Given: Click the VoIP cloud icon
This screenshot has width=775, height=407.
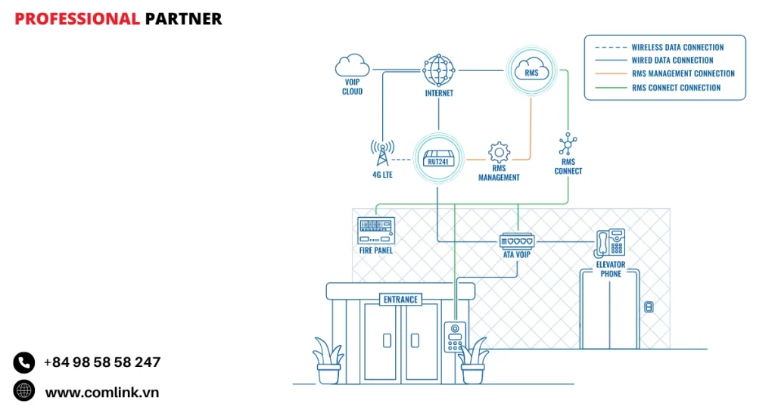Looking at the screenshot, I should [x=352, y=66].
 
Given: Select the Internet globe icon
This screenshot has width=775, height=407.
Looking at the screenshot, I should [x=439, y=70].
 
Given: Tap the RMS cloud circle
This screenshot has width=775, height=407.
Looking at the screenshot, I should [x=531, y=72].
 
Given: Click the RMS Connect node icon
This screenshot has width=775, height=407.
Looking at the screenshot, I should [x=568, y=144].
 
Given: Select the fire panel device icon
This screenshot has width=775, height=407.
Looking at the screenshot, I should [x=376, y=230].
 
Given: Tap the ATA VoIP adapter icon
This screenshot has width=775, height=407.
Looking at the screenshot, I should [x=517, y=241].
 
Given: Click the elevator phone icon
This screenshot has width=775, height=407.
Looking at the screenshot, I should [x=610, y=243].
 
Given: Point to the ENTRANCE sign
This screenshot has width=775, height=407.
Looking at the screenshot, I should [x=400, y=300].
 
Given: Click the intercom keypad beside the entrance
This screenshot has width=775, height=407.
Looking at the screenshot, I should [x=455, y=337].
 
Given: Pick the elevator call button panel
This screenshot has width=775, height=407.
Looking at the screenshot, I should [x=648, y=306].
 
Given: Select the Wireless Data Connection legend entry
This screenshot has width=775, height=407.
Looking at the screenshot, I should [x=677, y=48].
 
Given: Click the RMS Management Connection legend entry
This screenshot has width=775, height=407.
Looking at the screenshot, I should [x=683, y=74].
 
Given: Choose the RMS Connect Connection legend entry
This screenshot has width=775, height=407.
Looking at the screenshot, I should [x=676, y=88].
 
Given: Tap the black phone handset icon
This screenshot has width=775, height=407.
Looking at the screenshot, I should [x=24, y=363].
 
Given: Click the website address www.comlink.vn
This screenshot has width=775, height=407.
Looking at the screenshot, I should [x=101, y=392].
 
